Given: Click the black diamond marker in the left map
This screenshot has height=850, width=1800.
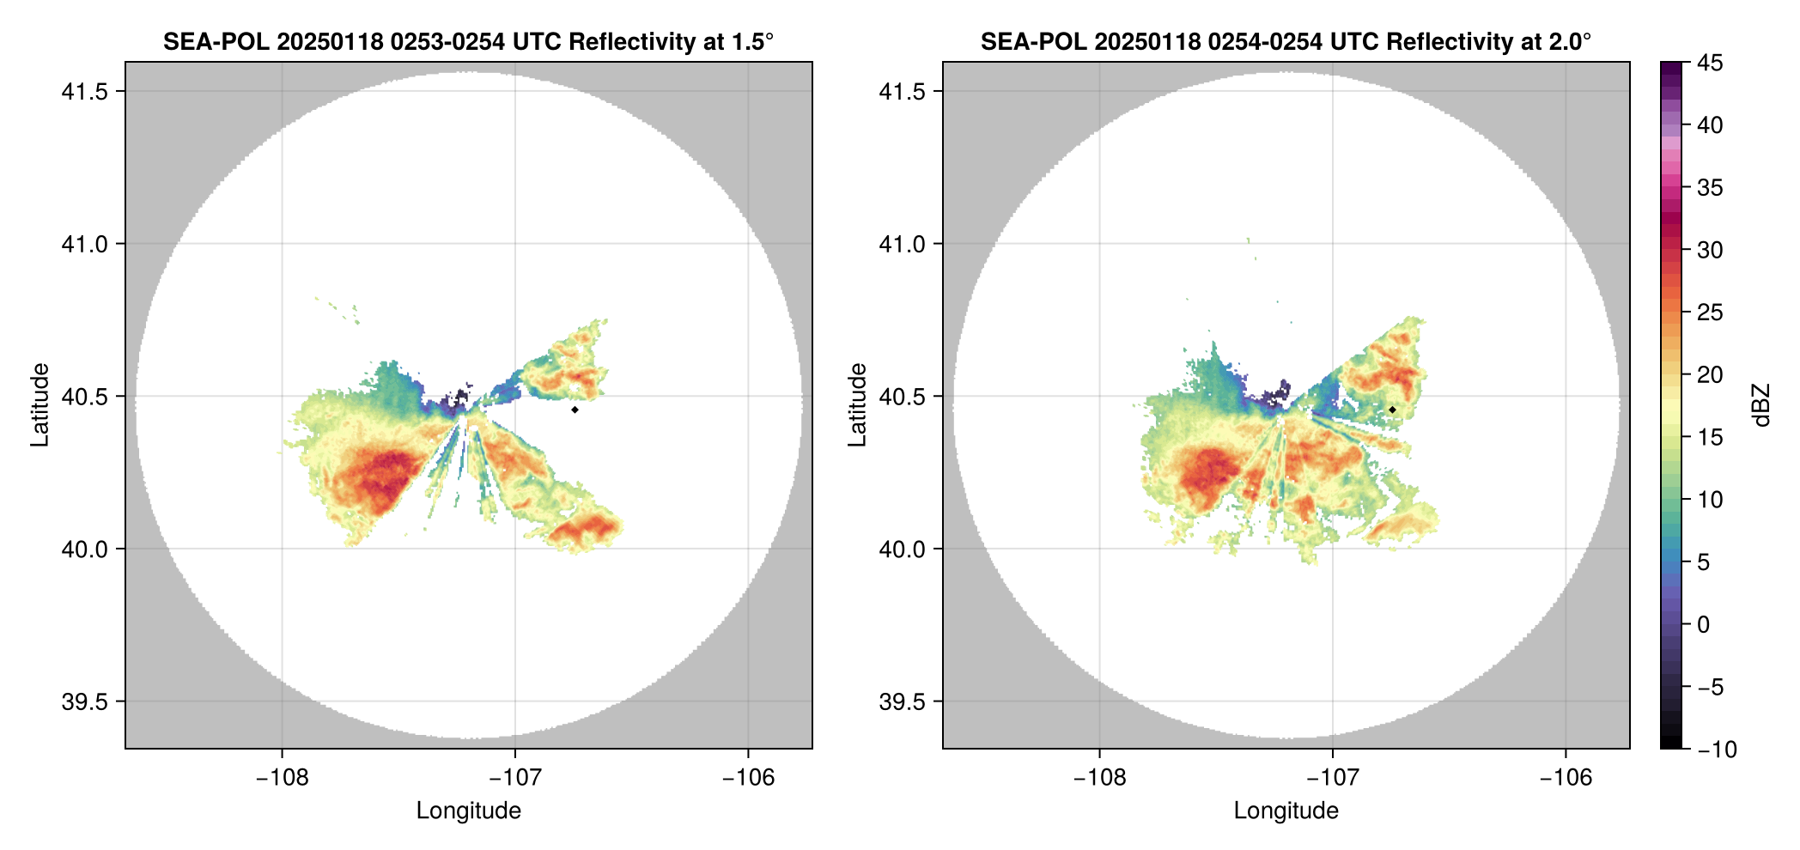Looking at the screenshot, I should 575,410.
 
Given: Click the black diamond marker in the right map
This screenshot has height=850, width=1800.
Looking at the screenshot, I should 1392,410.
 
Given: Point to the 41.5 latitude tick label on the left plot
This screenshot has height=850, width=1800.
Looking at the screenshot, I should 85,91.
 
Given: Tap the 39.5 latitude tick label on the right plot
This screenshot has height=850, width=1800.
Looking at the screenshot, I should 903,701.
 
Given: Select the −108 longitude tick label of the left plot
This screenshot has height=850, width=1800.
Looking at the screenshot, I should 282,778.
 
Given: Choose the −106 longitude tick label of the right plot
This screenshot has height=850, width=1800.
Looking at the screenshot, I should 1566,778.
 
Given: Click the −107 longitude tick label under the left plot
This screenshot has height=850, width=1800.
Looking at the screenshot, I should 514,778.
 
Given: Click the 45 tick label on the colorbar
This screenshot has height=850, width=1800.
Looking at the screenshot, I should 1709,63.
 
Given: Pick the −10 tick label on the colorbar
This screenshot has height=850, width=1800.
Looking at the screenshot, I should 1717,750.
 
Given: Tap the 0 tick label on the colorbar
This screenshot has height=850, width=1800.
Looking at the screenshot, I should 1704,624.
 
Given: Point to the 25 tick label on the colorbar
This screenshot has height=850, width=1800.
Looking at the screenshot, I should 1709,313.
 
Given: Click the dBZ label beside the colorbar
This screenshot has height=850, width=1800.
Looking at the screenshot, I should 1761,405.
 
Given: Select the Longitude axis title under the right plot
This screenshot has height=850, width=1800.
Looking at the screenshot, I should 1286,811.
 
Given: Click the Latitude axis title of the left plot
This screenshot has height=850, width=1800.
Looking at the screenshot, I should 40,405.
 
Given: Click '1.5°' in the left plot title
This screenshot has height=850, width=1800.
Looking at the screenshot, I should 752,41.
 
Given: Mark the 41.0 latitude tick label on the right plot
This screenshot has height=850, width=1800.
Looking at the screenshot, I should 903,244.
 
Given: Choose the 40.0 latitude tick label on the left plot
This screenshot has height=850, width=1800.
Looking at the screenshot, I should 85,549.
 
